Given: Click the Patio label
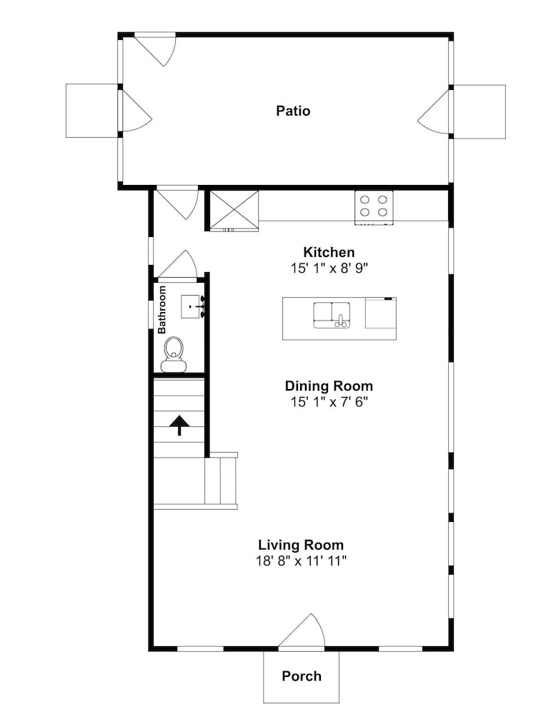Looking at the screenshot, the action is point(293,111).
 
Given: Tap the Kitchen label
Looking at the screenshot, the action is point(329,252).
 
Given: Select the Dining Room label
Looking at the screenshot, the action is point(329,386).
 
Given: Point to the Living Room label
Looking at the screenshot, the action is point(301,545).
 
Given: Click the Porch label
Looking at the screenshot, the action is point(302,675).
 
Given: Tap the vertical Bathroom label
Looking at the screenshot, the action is point(162,310).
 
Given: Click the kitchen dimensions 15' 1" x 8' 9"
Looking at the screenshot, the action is point(329,268).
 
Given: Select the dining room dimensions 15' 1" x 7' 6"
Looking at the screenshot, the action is point(329,401).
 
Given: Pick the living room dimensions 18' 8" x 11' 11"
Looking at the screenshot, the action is point(302,560).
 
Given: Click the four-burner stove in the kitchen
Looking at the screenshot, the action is point(374,207).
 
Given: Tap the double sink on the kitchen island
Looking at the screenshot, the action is point(332,315).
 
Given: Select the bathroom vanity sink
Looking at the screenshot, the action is point(192,306).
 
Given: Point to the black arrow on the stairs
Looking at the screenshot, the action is point(179,425).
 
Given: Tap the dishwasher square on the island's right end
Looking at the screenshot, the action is point(380,313).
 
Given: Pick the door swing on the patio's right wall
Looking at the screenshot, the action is point(433,111).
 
